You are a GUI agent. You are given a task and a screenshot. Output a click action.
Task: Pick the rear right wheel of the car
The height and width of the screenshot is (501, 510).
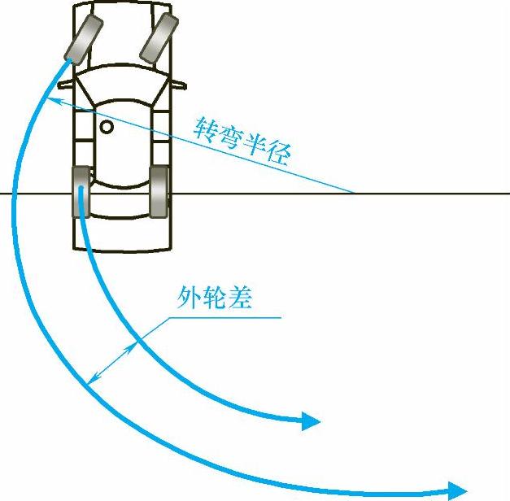[159, 192]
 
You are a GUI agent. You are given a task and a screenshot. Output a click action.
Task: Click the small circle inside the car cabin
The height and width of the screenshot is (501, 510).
[107, 127]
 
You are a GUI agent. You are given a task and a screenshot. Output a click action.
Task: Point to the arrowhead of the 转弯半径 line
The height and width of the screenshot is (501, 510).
[50, 99]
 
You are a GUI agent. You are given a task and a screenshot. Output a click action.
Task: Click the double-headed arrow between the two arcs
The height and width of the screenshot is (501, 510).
[112, 363]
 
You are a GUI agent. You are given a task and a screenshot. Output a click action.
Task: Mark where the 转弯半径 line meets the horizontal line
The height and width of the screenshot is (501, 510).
[354, 194]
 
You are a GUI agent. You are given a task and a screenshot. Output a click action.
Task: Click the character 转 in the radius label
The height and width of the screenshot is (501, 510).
[206, 127]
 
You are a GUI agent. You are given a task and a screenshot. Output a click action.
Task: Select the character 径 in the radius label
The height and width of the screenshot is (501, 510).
[277, 154]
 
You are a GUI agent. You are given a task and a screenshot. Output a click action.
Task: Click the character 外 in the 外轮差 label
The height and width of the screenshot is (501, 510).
[189, 299]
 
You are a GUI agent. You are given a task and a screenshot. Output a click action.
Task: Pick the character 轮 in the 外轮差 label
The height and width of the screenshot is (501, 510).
[214, 299]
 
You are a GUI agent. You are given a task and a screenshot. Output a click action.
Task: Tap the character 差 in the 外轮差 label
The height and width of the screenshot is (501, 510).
[240, 299]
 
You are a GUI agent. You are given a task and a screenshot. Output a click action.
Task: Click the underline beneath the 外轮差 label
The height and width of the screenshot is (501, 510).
[228, 316]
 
